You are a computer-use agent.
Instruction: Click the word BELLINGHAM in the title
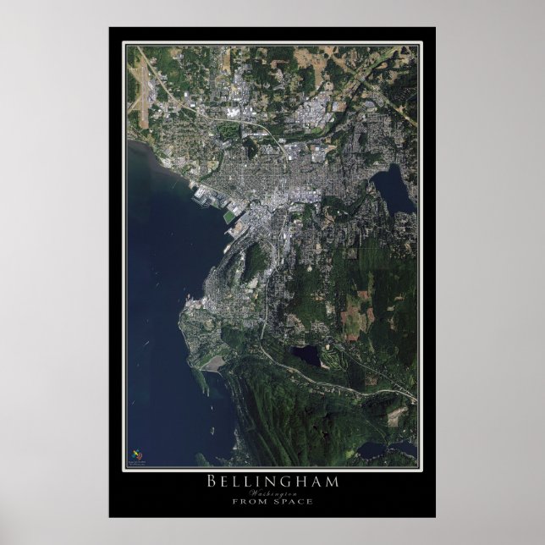(272, 482)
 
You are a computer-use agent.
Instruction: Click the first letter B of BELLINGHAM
(211, 482)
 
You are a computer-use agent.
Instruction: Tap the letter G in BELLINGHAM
(288, 482)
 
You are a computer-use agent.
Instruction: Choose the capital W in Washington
(254, 493)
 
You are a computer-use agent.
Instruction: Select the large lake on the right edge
(394, 190)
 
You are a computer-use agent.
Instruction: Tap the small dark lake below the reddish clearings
(306, 355)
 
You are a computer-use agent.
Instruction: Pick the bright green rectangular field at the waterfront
(229, 216)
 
